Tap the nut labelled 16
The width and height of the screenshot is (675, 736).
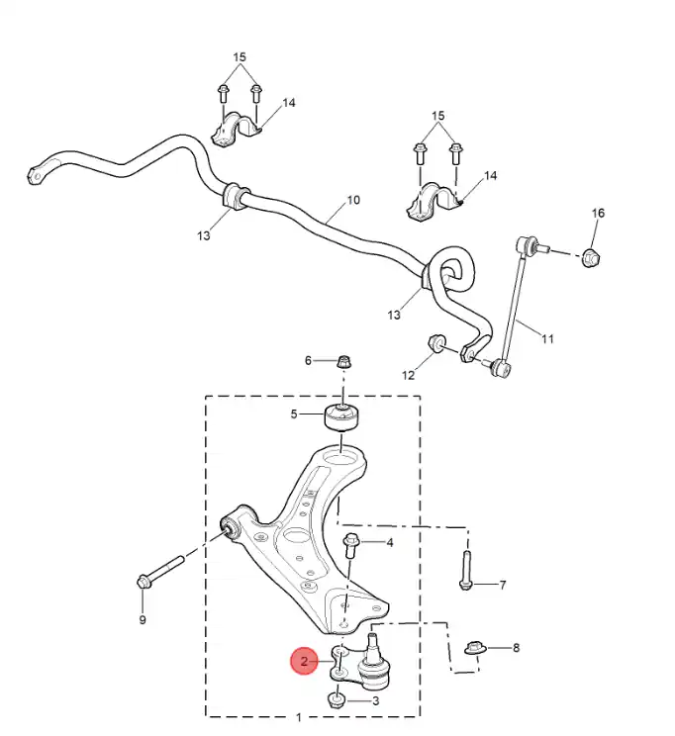click(591, 258)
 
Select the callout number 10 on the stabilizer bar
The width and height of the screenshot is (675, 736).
click(353, 202)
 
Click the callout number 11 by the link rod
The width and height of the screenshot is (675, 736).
click(547, 339)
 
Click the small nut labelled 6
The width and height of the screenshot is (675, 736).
click(343, 360)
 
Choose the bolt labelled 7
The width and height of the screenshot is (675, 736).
click(466, 568)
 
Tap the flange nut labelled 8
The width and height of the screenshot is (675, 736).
click(475, 649)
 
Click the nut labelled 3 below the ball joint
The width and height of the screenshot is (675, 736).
click(337, 701)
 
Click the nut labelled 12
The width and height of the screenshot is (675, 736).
click(436, 344)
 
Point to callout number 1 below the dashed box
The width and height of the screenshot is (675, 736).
click(300, 717)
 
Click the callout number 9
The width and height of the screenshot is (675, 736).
click(142, 619)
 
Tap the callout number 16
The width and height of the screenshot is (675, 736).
click(598, 214)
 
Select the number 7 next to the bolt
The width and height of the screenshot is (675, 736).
click(502, 586)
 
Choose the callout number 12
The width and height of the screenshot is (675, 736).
click(408, 375)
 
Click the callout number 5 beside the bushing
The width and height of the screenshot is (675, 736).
click(294, 414)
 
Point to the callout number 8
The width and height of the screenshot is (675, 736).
click(515, 649)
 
